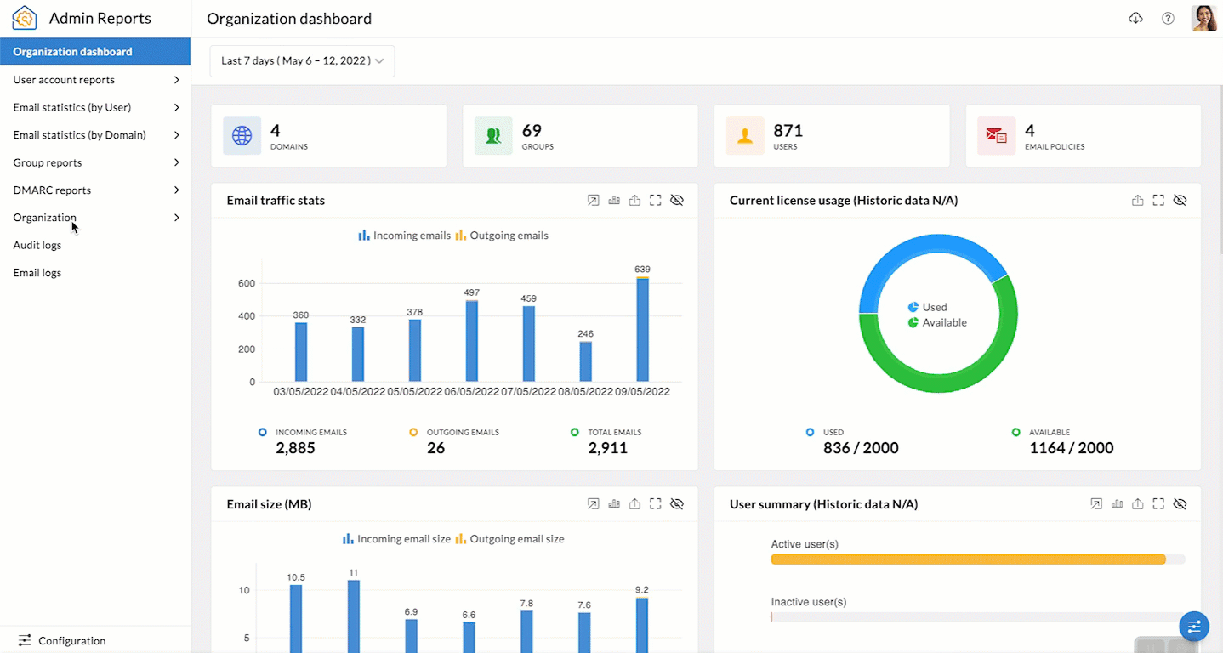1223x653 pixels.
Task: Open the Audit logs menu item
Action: pyautogui.click(x=37, y=245)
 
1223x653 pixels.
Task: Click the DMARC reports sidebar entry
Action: pyautogui.click(x=52, y=190)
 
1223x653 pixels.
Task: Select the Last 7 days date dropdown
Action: pyautogui.click(x=302, y=61)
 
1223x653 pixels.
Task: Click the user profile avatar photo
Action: pyautogui.click(x=1203, y=18)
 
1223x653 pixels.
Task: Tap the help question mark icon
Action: pyautogui.click(x=1168, y=18)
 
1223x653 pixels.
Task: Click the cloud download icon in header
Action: pyautogui.click(x=1135, y=18)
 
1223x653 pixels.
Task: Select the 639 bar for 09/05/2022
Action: pyautogui.click(x=642, y=330)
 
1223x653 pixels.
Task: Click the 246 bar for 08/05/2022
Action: pyautogui.click(x=585, y=361)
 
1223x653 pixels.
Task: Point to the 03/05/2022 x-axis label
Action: pyautogui.click(x=300, y=392)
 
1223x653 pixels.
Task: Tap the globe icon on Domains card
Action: pyautogui.click(x=242, y=136)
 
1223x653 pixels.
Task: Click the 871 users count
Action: pyautogui.click(x=788, y=131)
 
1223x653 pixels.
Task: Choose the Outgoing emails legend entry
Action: pyautogui.click(x=502, y=236)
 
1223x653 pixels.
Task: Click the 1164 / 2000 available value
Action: pyautogui.click(x=1071, y=448)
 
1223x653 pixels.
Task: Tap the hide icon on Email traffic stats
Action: pyautogui.click(x=677, y=201)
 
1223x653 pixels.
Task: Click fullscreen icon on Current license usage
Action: pyautogui.click(x=1158, y=201)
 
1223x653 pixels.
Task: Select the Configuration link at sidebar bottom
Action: pyautogui.click(x=71, y=640)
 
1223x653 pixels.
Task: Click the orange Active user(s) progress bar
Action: pyautogui.click(x=968, y=559)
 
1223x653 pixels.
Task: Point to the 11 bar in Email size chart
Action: pyautogui.click(x=353, y=616)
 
